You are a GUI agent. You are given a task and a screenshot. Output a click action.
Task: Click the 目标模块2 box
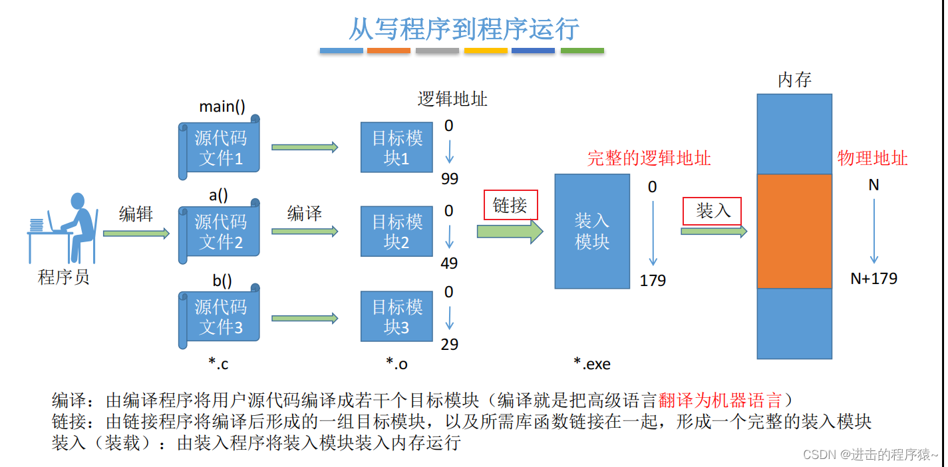point(396,231)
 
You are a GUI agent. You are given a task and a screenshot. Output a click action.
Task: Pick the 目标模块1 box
point(396,147)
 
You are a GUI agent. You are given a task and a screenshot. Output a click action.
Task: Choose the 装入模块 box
point(592,231)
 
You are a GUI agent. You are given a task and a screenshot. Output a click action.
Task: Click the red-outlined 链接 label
point(510,206)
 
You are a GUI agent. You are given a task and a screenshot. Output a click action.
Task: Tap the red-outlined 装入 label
point(712,211)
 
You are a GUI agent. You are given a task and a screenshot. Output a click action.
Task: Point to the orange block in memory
point(794,231)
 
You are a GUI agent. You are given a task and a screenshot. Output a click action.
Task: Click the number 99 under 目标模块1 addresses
point(449,179)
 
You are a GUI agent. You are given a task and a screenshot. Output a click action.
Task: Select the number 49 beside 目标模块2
point(449,263)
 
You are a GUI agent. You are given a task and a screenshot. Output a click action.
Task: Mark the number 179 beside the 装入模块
point(653,281)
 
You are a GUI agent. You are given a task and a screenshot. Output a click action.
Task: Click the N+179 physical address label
point(874,279)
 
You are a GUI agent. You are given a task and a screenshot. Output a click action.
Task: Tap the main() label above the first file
point(222,106)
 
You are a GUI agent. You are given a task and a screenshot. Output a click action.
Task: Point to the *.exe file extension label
point(592,364)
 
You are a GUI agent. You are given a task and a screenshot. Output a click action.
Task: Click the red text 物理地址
point(872,158)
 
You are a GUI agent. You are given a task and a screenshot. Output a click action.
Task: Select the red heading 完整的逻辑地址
point(649,158)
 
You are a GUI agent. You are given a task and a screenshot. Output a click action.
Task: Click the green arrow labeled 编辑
point(136,233)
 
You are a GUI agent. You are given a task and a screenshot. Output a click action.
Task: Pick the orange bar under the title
point(389,51)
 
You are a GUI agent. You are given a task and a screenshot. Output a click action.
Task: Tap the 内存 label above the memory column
point(794,80)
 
